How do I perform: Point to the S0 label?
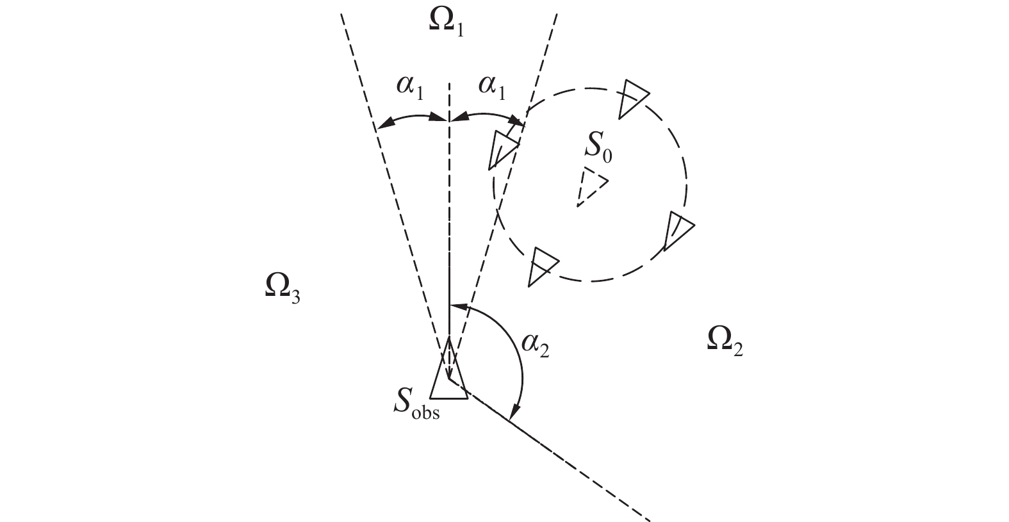pos(598,149)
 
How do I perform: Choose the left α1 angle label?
pos(410,88)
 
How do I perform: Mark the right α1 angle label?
pos(491,88)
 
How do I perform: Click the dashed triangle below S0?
pos(590,187)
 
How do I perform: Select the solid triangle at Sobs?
pos(449,375)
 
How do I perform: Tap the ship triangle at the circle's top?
pos(632,97)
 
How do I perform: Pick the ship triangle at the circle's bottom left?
pos(542,265)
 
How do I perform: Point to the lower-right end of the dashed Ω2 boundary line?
pos(650,518)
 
